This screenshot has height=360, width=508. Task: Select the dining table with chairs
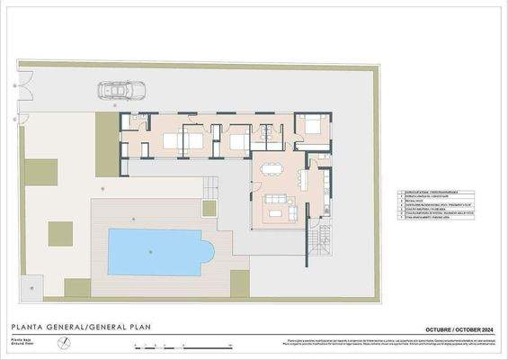click(272, 169)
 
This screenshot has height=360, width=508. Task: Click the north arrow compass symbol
click(63, 343)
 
